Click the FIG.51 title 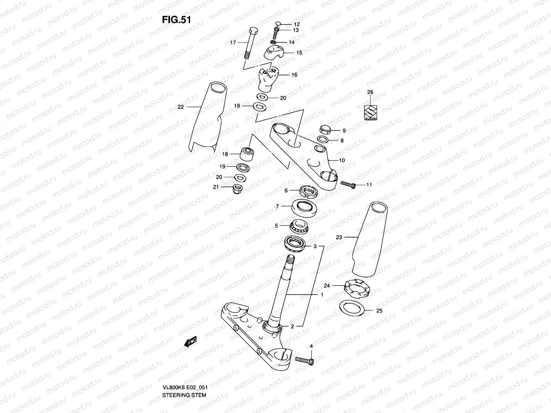click(x=176, y=20)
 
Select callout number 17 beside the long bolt click(x=233, y=43)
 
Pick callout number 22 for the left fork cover click(x=181, y=107)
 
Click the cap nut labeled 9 click(x=325, y=130)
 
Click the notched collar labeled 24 click(x=357, y=288)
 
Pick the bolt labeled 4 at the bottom click(x=305, y=360)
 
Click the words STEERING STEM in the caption click(x=184, y=375)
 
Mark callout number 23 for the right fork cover click(x=339, y=237)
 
